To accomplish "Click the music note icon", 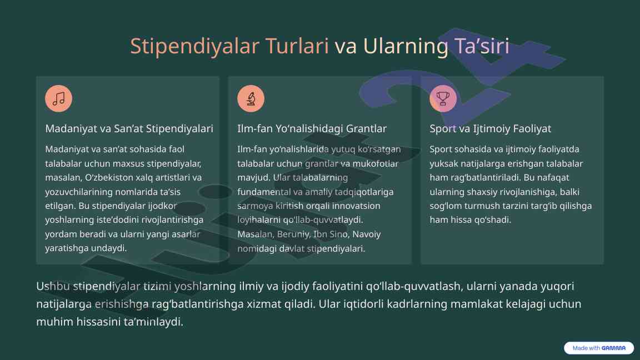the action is point(59,98).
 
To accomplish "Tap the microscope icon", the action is point(251,98).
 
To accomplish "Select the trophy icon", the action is point(443,98).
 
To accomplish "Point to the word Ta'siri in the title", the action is point(481,46).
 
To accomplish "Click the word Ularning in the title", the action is point(406,46).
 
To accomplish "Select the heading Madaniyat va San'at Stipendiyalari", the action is point(129,128).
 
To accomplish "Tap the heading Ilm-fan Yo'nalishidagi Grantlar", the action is point(312,128).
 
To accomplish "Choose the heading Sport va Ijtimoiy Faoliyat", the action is point(490,128).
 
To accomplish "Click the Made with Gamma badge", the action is point(599,348).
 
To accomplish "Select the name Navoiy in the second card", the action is point(367,234).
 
